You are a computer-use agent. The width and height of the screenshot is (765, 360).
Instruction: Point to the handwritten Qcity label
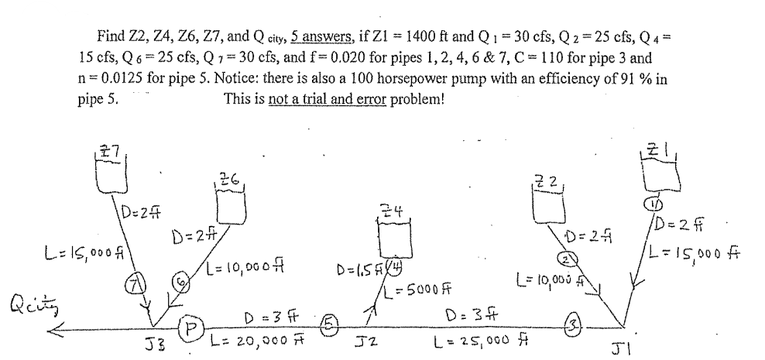(x=29, y=302)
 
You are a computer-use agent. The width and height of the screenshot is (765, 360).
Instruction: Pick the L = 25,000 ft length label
(x=485, y=341)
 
